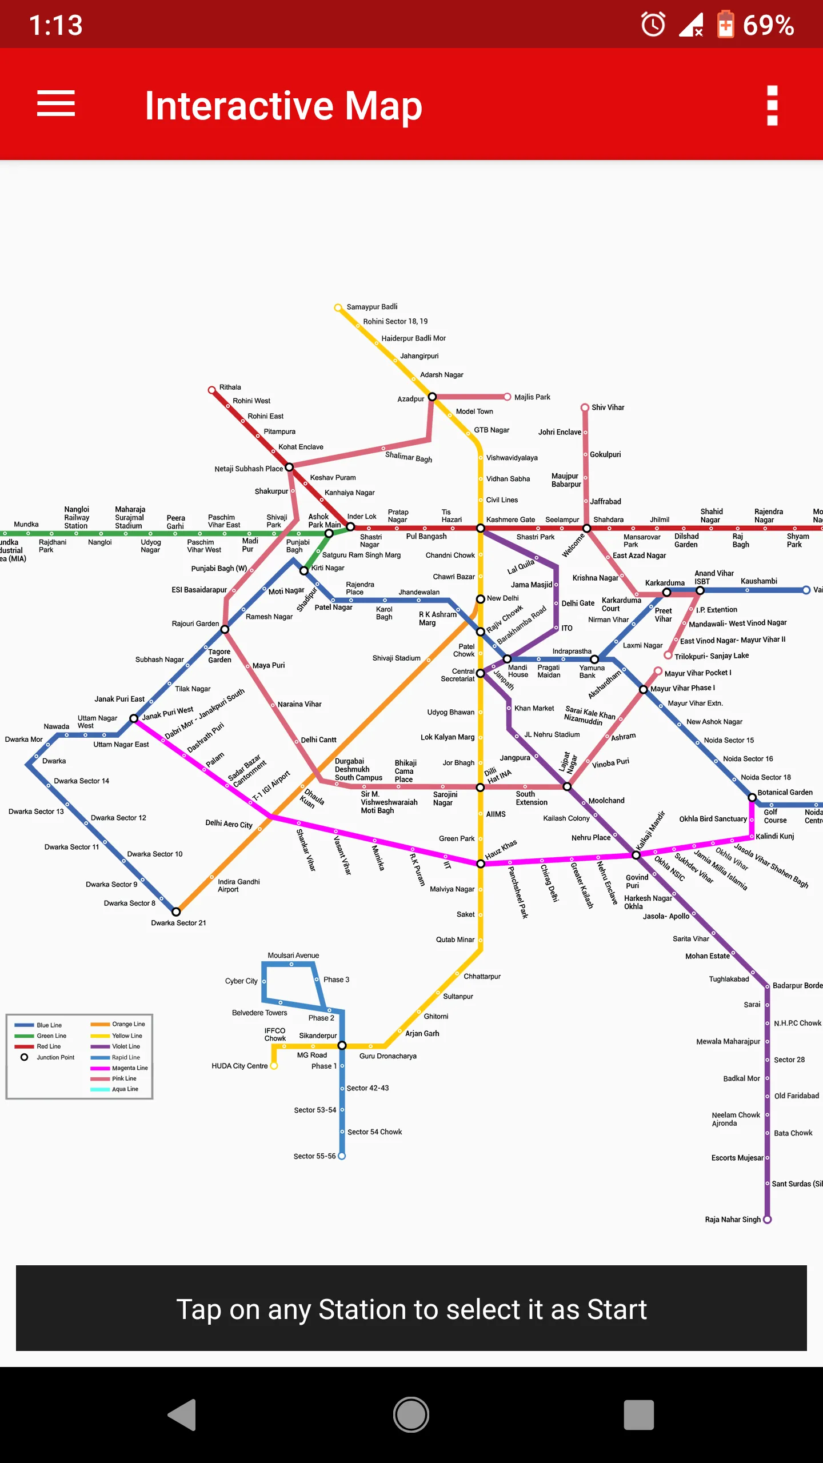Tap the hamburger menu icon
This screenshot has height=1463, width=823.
(x=56, y=103)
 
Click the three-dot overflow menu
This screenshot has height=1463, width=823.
(x=772, y=105)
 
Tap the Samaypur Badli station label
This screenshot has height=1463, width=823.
(x=371, y=307)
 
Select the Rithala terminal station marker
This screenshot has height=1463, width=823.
(x=211, y=390)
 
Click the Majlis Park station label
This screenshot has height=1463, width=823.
(x=532, y=397)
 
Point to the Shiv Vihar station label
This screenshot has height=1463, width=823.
(x=608, y=407)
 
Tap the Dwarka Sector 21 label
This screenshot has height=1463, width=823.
(x=178, y=923)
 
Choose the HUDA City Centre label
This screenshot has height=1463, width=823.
(x=239, y=1066)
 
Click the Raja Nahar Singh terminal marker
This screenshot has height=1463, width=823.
(x=768, y=1220)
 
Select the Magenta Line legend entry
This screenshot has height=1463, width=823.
(x=129, y=1068)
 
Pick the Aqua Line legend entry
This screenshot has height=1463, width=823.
(x=125, y=1089)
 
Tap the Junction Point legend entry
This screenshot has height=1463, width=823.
(x=55, y=1057)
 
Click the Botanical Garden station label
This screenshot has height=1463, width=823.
(x=785, y=793)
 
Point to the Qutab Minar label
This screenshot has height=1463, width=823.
(x=455, y=940)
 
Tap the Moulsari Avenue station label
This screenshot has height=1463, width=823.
(x=293, y=956)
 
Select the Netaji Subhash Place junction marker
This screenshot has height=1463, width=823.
(x=289, y=467)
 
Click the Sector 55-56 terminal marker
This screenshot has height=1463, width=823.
(x=342, y=1156)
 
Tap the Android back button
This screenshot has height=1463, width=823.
(x=182, y=1415)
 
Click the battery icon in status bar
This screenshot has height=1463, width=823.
(x=725, y=25)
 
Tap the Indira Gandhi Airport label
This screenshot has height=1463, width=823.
(x=238, y=885)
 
